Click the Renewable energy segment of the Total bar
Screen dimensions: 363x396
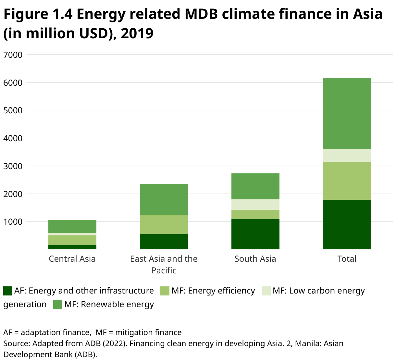[347, 113]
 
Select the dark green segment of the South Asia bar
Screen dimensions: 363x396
[255, 234]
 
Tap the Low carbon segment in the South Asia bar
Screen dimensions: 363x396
[255, 205]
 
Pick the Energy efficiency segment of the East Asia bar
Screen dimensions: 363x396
[164, 224]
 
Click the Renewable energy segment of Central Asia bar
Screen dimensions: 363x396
[72, 226]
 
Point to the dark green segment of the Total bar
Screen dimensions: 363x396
[347, 224]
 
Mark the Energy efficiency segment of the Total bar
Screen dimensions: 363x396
[347, 181]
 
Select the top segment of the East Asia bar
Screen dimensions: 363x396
[164, 199]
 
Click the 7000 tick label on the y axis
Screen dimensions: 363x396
[13, 55]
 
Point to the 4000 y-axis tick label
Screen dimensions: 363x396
[13, 138]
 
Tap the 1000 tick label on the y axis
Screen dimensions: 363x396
[13, 222]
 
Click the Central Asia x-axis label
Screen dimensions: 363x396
[72, 259]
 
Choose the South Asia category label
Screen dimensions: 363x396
[255, 259]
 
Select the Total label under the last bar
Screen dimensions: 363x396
[347, 259]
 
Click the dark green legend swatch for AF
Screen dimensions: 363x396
[8, 291]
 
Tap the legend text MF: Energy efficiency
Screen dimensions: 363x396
[213, 291]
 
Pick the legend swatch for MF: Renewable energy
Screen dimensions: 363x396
[57, 305]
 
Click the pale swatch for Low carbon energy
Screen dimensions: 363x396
[266, 291]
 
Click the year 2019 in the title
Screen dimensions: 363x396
[137, 33]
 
